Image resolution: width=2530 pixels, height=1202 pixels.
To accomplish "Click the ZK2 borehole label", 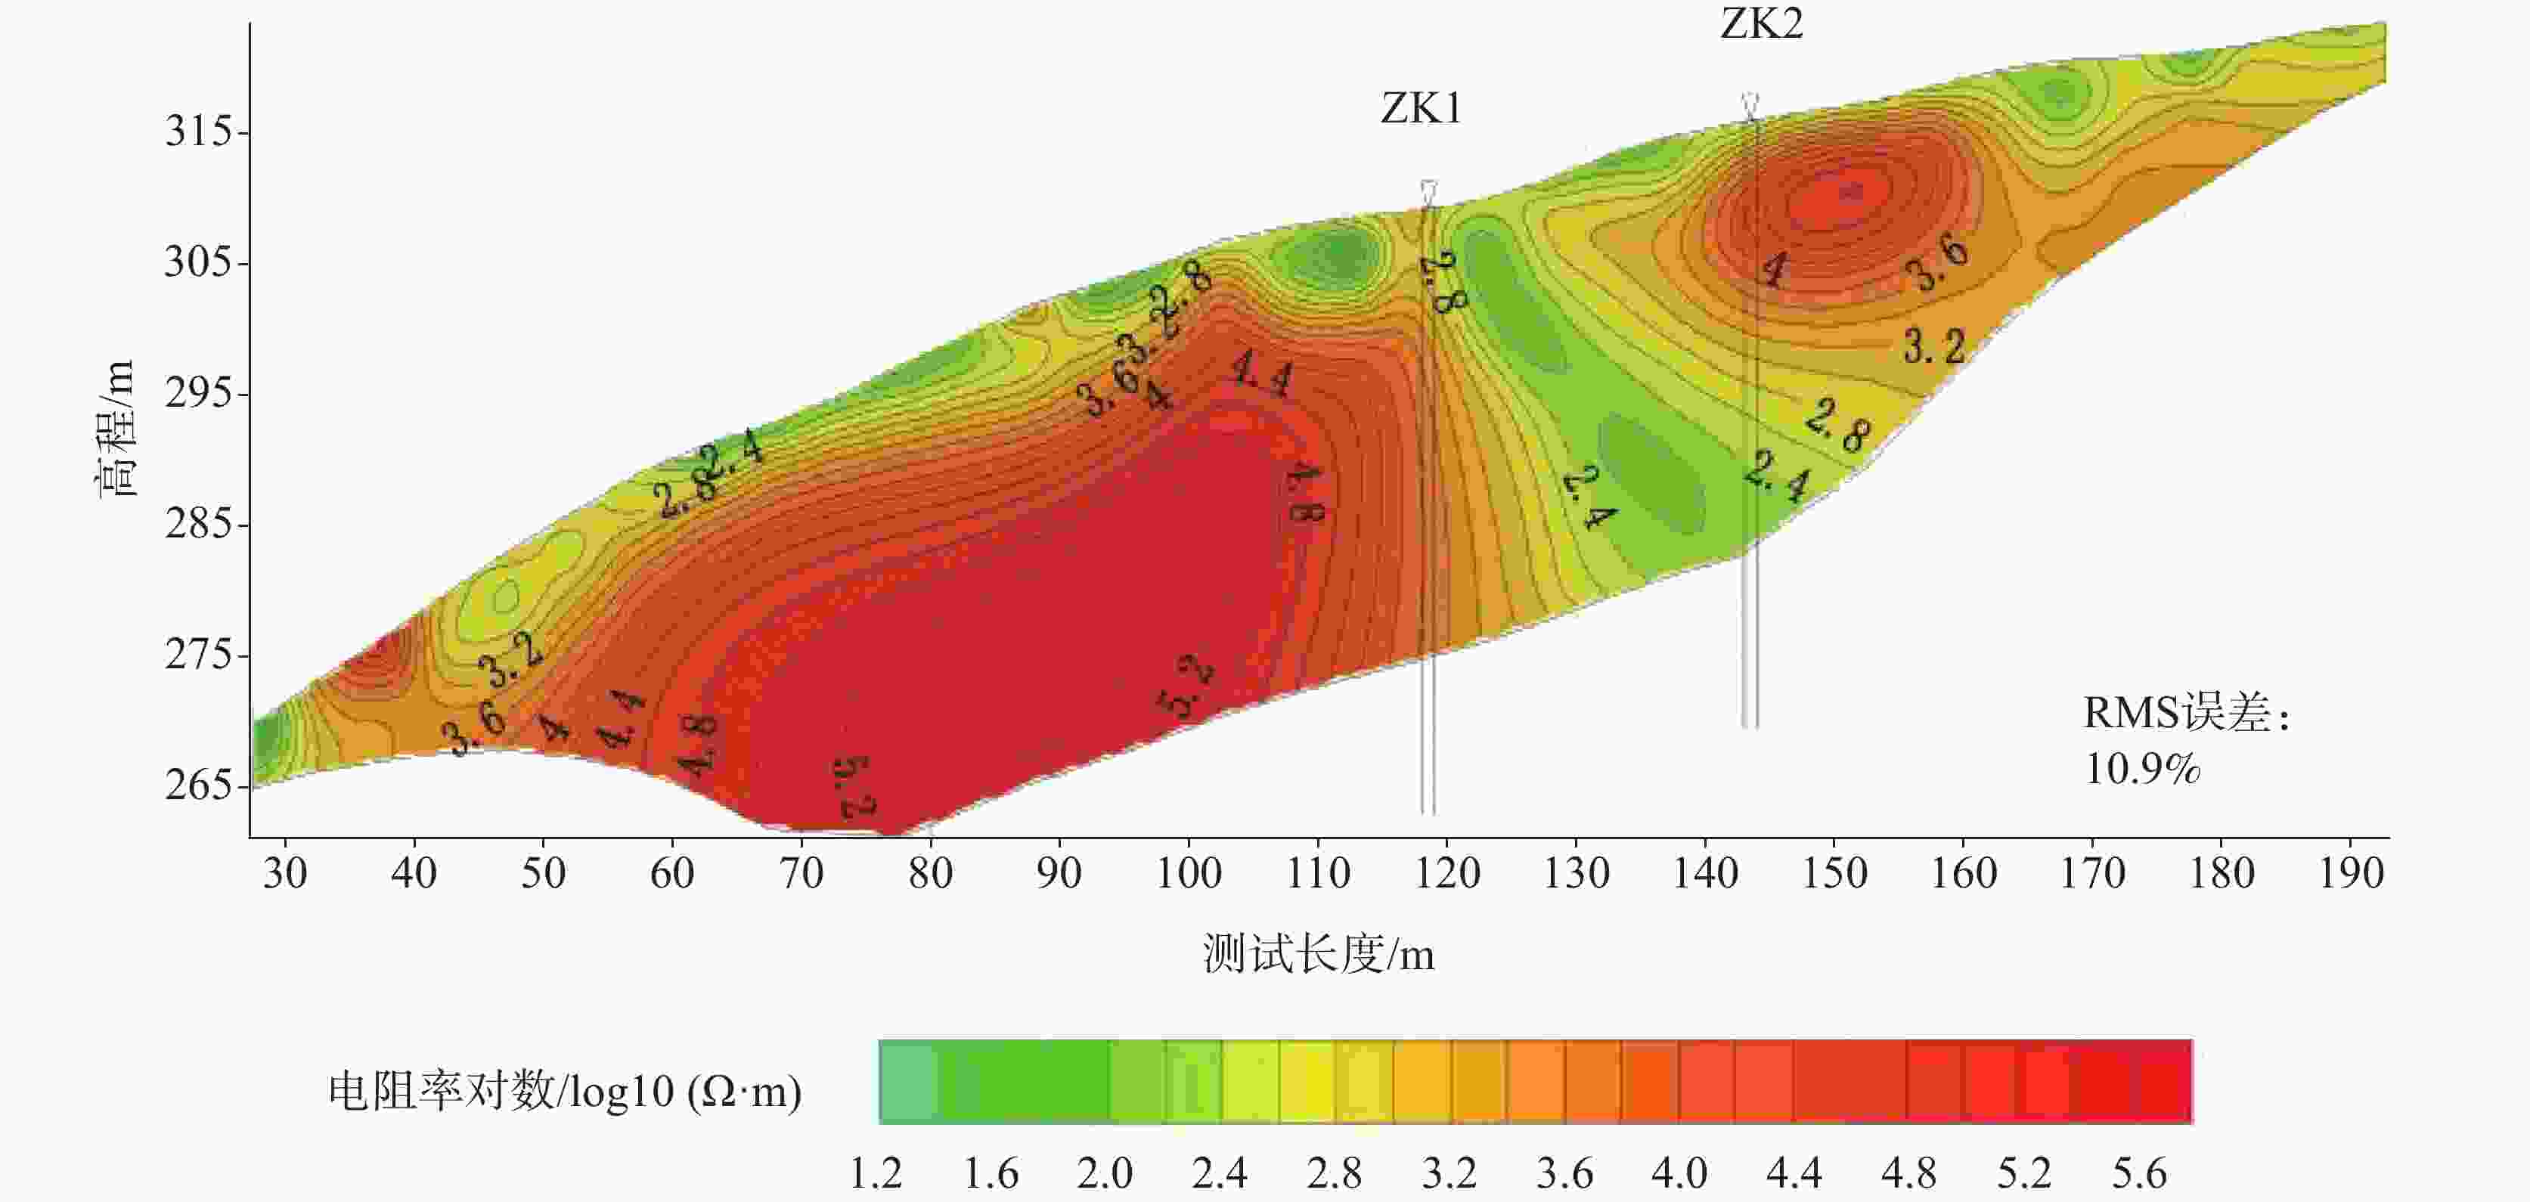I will [1761, 23].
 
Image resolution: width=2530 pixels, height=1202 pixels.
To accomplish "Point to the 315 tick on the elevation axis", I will [198, 131].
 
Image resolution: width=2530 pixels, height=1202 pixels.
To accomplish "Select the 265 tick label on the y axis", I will [198, 785].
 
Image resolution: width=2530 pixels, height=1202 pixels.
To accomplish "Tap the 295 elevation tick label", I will [198, 393].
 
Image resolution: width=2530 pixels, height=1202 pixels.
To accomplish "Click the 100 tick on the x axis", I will [1189, 872].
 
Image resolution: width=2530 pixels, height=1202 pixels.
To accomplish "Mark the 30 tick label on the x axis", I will [285, 872].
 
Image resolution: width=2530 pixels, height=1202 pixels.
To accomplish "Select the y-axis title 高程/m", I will [114, 428].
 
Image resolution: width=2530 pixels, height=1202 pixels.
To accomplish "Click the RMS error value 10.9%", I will [2142, 769].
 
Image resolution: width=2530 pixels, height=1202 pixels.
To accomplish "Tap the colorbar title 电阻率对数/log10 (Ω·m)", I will [565, 1091].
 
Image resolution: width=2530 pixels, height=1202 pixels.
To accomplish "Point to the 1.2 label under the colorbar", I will [874, 1173].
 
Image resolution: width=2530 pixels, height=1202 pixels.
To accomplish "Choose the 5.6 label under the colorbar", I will [2139, 1173].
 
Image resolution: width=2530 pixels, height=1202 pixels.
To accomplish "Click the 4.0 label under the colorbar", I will [1679, 1173].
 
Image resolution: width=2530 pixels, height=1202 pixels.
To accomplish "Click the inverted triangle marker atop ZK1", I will [1429, 191].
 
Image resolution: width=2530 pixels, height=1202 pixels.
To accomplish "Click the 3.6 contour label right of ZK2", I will [1936, 262].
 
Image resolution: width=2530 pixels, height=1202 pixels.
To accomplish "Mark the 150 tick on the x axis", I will [1834, 872].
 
